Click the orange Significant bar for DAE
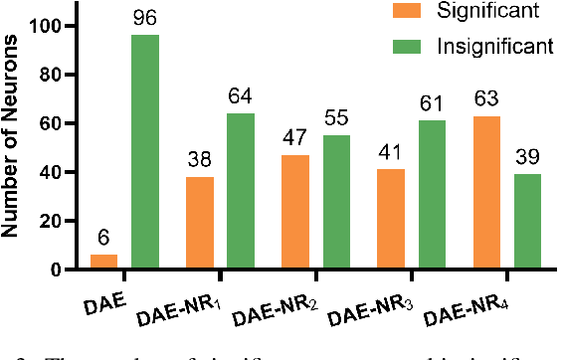103,262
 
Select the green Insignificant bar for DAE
145,152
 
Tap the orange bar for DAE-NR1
200,223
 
